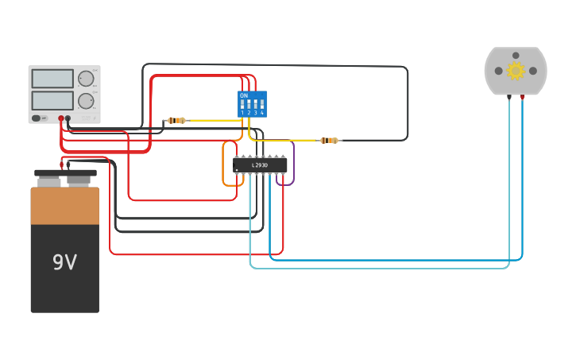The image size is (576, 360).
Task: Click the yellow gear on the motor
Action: point(516,71)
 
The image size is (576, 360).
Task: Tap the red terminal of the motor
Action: point(522,97)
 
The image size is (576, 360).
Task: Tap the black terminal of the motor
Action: point(509,97)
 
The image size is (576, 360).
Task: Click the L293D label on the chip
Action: point(260,165)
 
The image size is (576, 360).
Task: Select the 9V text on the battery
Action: point(64,262)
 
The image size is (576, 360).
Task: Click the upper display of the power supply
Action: point(52,79)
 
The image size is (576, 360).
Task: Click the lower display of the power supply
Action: point(52,100)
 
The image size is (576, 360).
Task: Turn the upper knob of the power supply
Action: point(85,79)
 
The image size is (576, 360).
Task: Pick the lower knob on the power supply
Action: point(85,101)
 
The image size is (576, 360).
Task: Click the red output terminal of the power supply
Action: point(60,118)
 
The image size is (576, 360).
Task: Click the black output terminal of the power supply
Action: point(68,118)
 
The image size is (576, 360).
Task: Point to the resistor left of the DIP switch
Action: point(176,120)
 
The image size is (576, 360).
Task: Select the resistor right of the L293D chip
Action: point(329,141)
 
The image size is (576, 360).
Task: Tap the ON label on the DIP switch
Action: point(243,95)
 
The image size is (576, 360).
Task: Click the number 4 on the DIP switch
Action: point(261,113)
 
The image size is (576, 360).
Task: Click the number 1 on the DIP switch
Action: point(242,113)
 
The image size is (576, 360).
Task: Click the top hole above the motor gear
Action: point(516,56)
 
